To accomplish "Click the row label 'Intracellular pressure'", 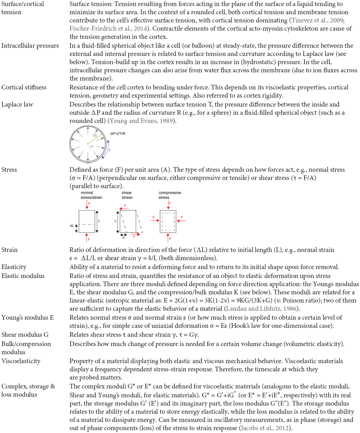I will [x=30, y=46].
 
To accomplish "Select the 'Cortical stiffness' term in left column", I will [x=24, y=87].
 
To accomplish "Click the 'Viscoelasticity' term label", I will [x=21, y=361].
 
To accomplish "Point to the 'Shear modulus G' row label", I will [x=25, y=335].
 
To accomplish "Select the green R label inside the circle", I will [x=95, y=136].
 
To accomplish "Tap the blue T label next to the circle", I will [x=109, y=151].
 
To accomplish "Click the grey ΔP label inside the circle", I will [x=91, y=146].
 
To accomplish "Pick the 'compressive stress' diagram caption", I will [x=169, y=195].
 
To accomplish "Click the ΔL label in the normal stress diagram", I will [x=72, y=226].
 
